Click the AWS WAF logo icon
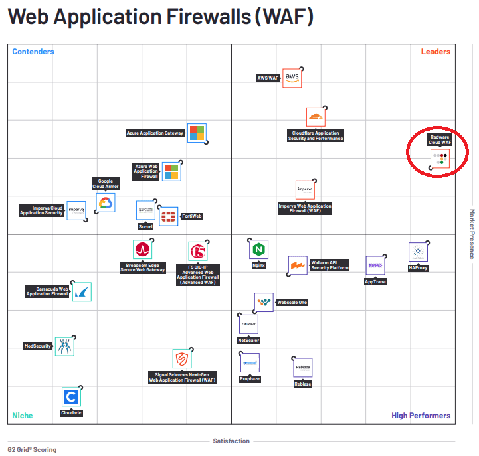pyautogui.click(x=292, y=78)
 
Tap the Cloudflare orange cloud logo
pyautogui.click(x=316, y=117)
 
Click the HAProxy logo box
pyautogui.click(x=418, y=252)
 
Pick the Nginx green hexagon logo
pyautogui.click(x=258, y=250)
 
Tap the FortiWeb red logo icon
pyautogui.click(x=169, y=216)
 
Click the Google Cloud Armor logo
pyautogui.click(x=106, y=202)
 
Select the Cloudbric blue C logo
pyautogui.click(x=71, y=397)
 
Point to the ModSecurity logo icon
pyautogui.click(x=64, y=346)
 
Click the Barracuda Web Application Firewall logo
pyautogui.click(x=81, y=292)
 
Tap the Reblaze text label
pyautogui.click(x=303, y=384)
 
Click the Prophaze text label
pyautogui.click(x=250, y=379)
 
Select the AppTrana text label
pyautogui.click(x=375, y=282)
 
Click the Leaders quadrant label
pyautogui.click(x=435, y=52)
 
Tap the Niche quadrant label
pyautogui.click(x=22, y=416)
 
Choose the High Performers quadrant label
pyautogui.click(x=421, y=416)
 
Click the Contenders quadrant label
pyautogui.click(x=33, y=52)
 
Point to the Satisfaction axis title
pyautogui.click(x=231, y=441)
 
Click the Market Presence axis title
pyautogui.click(x=472, y=234)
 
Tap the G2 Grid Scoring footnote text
pyautogui.click(x=32, y=449)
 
